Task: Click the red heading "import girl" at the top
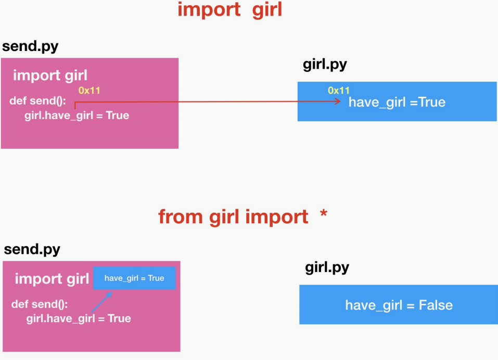click(229, 10)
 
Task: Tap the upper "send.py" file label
click(30, 46)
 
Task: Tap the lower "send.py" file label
click(32, 249)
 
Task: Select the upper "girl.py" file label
click(325, 65)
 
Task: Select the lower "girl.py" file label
click(327, 268)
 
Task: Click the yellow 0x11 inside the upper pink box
click(89, 91)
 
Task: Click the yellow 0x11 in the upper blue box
click(339, 91)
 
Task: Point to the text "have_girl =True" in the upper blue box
click(397, 102)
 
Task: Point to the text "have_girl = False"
click(399, 305)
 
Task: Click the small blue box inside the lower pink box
click(134, 278)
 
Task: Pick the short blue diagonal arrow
click(101, 302)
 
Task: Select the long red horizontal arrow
click(208, 102)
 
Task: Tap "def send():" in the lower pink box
click(40, 304)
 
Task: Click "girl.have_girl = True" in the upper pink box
click(76, 115)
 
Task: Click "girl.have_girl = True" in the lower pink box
click(79, 318)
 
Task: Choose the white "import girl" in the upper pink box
click(50, 75)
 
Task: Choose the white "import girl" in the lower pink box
click(52, 279)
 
